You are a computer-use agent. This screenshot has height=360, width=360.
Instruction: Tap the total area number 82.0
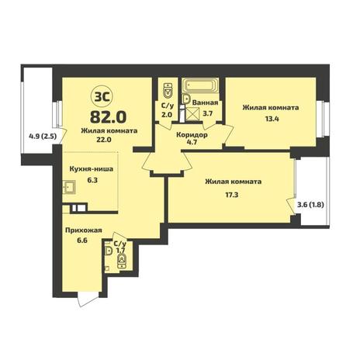tap(108, 117)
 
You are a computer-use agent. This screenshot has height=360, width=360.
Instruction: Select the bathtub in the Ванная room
tap(200, 85)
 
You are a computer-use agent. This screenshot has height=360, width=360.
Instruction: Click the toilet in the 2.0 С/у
tap(168, 91)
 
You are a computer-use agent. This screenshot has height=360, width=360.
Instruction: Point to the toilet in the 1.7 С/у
tap(122, 261)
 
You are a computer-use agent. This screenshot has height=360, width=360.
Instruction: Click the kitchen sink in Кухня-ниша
tap(69, 187)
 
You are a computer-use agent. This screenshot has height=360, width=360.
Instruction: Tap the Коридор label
tap(192, 135)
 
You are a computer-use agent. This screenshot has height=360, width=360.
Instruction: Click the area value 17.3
tap(232, 195)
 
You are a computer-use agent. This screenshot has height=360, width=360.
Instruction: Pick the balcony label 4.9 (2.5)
tap(43, 136)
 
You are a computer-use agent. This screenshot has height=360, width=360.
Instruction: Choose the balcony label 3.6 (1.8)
tap(310, 205)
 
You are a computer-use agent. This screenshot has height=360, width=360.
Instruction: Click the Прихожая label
tap(83, 230)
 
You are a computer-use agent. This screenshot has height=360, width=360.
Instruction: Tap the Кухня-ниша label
tap(92, 169)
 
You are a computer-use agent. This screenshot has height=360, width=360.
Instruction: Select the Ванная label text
tap(205, 102)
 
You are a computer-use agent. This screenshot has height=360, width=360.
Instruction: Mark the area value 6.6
tap(81, 241)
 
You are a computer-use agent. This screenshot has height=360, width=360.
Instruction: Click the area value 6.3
tap(92, 180)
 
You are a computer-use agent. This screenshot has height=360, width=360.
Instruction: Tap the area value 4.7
tap(191, 142)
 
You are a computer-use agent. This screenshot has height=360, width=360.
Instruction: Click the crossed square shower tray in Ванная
tap(192, 114)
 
